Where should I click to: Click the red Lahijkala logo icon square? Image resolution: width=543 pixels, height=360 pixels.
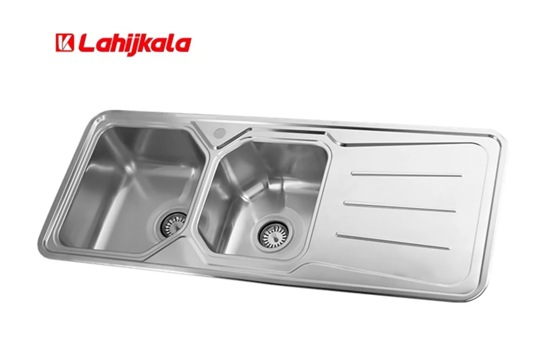click(x=64, y=43)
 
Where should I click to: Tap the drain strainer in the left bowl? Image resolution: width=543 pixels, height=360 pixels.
click(x=173, y=224)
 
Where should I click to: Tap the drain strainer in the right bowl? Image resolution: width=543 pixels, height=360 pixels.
click(x=274, y=234)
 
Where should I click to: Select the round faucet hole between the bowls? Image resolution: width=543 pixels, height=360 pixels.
click(x=220, y=132)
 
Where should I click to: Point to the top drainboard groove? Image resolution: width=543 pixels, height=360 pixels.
click(x=407, y=175)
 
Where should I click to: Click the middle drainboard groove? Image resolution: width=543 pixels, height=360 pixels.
click(x=400, y=207)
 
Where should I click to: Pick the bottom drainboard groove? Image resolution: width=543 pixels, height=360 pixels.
click(x=393, y=241)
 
